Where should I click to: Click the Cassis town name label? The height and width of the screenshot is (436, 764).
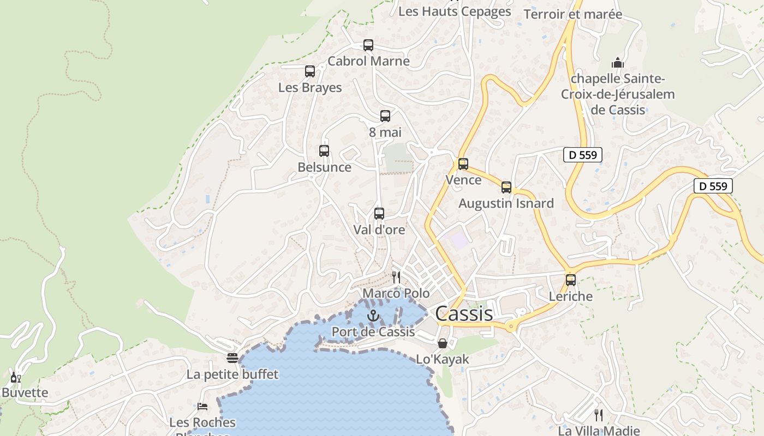coord(464,313)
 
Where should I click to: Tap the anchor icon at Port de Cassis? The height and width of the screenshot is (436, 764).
coord(373,316)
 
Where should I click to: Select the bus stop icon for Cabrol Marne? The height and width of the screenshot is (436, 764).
coord(368,45)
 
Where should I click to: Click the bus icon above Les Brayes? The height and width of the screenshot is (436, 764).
coord(310,71)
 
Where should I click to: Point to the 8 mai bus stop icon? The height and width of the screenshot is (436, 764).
coord(385,116)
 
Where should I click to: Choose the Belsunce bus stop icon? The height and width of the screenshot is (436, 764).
coord(324,151)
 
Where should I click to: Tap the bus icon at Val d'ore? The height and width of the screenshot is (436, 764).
coord(379,214)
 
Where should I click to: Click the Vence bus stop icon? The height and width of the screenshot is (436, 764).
coord(463,163)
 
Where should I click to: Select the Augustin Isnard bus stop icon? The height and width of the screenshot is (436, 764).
coord(506,187)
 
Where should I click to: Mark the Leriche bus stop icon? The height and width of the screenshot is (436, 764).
coord(571,280)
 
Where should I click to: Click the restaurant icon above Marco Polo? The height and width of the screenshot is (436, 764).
coord(396,277)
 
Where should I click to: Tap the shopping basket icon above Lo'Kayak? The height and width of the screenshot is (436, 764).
coord(443,343)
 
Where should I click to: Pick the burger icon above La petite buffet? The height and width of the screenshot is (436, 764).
coord(232,358)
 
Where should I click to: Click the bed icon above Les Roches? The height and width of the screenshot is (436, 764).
coord(202,407)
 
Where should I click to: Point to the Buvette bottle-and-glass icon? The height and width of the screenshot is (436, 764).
coord(16,377)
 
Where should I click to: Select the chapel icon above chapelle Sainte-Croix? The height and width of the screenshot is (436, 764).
coord(618,63)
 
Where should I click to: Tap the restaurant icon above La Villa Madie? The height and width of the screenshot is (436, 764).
coord(599,415)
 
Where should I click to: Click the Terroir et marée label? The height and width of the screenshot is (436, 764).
coord(573,14)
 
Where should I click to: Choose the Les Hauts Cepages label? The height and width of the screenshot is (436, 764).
coord(455,11)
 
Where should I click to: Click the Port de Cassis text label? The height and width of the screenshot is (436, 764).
coord(373,332)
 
